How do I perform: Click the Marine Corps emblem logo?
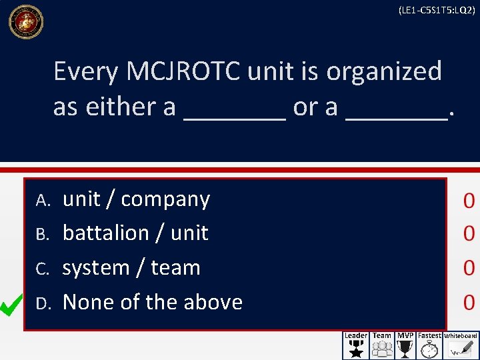pos(25,21)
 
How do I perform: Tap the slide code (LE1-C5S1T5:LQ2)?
pos(436,10)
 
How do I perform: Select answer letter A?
pos(43,200)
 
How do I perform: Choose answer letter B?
pos(43,234)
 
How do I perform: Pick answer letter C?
pos(43,269)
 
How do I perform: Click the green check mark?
pos(13,305)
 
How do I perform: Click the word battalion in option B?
pos(105,233)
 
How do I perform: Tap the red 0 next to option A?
pos(469,200)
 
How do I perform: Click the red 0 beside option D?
pos(469,303)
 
